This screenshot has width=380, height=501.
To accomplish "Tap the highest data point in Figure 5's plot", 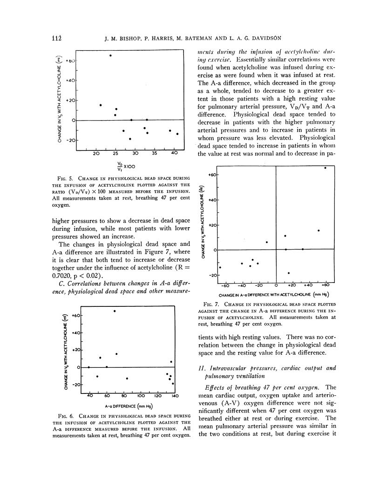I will (110, 55).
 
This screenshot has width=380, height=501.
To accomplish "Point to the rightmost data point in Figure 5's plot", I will (177, 134).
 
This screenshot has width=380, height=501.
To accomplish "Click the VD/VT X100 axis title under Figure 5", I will (127, 166).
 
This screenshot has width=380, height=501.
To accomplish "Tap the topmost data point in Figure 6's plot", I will (115, 311).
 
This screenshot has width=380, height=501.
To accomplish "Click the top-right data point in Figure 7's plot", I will (326, 168).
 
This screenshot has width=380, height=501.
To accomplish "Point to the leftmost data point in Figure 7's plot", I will (220, 267).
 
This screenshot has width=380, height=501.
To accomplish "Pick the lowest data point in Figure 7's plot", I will (289, 273).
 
